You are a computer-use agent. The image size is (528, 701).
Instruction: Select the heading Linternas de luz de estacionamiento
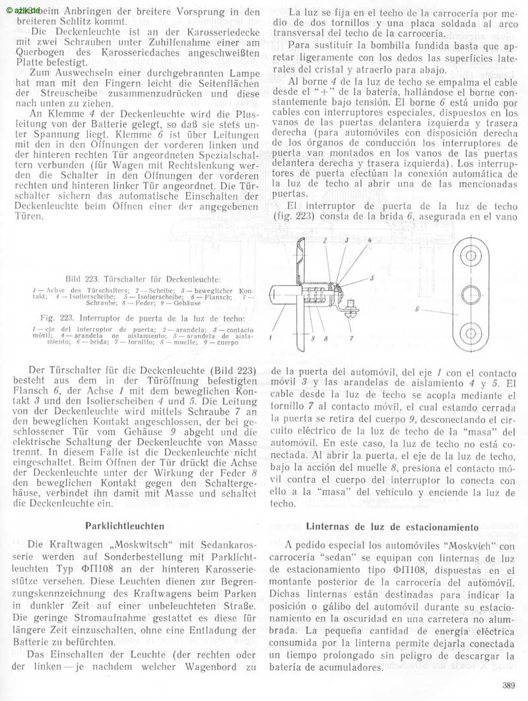click(392, 528)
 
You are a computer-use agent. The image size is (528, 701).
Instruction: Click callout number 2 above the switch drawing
click(326, 241)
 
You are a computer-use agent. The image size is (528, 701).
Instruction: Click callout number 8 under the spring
click(325, 338)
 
